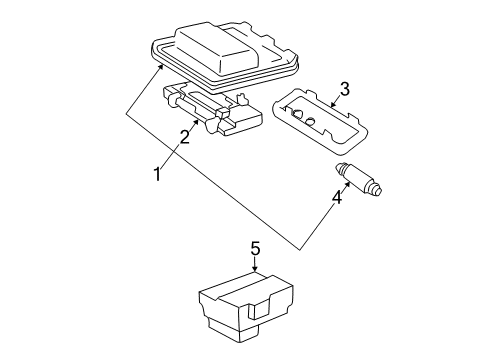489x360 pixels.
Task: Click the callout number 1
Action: (156, 174)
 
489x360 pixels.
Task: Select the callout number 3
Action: (343, 92)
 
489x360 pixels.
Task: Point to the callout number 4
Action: (336, 199)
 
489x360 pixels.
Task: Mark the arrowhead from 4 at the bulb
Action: (349, 179)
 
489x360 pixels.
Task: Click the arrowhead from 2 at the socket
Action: (196, 120)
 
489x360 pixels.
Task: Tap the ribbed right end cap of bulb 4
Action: (379, 187)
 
